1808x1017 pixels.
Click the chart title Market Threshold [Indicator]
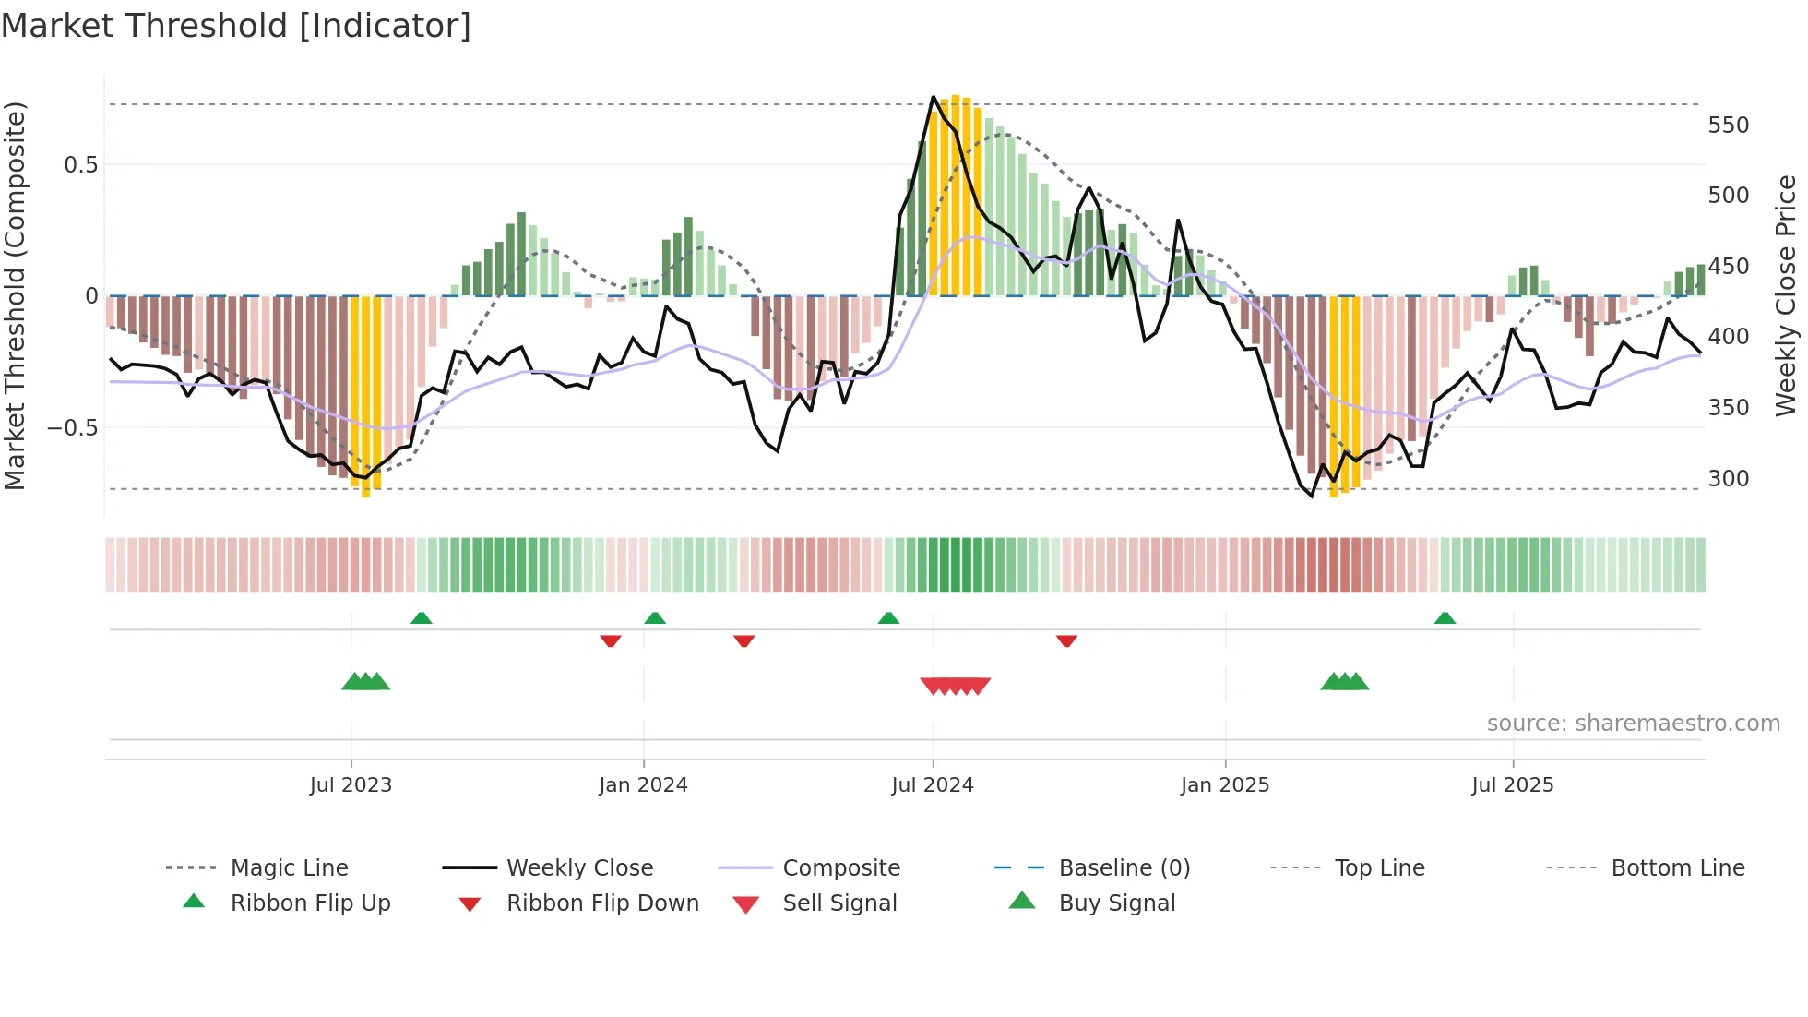pos(236,26)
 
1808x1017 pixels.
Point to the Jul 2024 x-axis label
pos(932,785)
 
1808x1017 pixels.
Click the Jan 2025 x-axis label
pos(1224,785)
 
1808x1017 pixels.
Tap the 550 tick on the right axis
pos(1728,126)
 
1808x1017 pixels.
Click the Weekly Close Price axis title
pos(1786,295)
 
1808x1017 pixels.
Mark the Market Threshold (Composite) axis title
pos(15,295)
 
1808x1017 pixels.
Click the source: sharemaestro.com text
pos(1633,724)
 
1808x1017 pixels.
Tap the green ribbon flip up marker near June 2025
pos(1445,618)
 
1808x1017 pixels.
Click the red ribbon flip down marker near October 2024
pos(1066,640)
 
